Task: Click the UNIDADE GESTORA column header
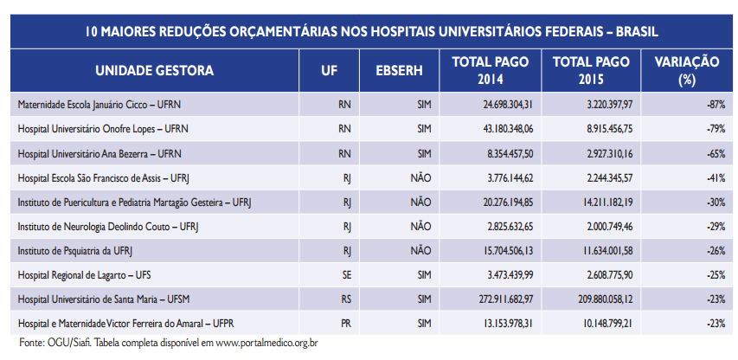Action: pyautogui.click(x=154, y=70)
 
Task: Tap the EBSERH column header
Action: pyautogui.click(x=399, y=70)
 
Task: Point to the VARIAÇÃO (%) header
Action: pyautogui.click(x=687, y=70)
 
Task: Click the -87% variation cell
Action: pyautogui.click(x=714, y=104)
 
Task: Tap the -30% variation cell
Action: pyautogui.click(x=714, y=202)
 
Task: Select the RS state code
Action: pyautogui.click(x=345, y=299)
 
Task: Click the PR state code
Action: pyautogui.click(x=345, y=323)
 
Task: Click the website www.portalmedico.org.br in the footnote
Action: pyautogui.click(x=267, y=344)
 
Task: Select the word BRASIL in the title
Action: pyautogui.click(x=632, y=32)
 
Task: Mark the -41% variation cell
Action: pyautogui.click(x=714, y=177)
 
